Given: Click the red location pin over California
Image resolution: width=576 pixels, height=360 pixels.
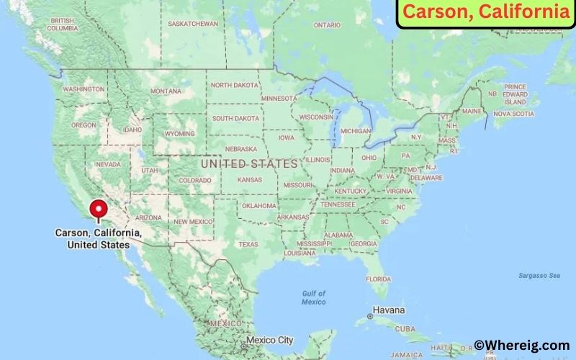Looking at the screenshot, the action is pos(97,210).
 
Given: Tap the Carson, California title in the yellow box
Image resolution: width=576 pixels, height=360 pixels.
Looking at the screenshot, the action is pos(485,12).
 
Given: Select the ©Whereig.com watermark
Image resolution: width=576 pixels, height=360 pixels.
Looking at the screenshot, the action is pos(521,346).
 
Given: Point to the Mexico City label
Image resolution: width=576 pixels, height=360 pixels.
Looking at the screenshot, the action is pos(269,340).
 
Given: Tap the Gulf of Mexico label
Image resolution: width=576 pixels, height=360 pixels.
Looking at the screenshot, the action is pos(314,297).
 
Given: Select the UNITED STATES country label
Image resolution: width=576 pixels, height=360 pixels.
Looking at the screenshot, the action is pos(249,164).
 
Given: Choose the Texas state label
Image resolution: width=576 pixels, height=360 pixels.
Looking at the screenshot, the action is pos(248,244).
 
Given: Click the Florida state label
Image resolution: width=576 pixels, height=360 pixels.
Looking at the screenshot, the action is pos(377,279).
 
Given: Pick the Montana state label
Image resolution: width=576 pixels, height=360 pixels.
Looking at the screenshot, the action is pos(166,91).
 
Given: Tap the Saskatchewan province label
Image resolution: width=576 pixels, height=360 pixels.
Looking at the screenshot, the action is pos(192,24).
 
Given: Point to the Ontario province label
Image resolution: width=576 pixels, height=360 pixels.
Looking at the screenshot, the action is pos(327,25).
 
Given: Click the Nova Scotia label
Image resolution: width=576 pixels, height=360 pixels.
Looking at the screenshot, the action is pos(513,114).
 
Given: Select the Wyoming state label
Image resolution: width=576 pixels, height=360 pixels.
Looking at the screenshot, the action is pos(179,134).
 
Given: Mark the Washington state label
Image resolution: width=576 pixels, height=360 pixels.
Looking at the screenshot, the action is pos(84,89).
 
